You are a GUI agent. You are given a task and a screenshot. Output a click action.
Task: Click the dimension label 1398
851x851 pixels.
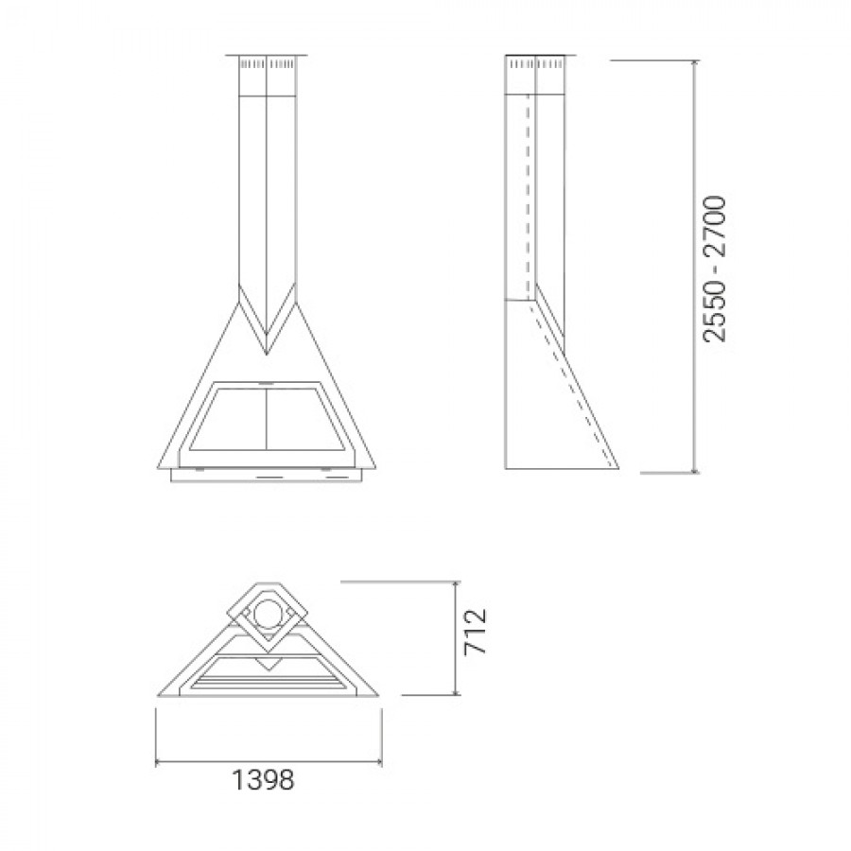[x=263, y=780]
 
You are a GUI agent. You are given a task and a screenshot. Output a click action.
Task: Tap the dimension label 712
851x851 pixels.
[x=477, y=633]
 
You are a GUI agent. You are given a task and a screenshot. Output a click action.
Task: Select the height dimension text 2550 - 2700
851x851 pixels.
[x=714, y=269]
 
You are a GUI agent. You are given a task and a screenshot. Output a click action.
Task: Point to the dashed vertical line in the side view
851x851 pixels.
[x=527, y=199]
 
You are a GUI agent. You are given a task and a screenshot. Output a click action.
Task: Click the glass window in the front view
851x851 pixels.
[x=267, y=419]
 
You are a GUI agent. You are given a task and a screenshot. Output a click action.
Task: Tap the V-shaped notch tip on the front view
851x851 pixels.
[x=267, y=354]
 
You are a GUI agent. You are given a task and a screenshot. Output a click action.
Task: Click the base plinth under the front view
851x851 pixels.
[x=267, y=475]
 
